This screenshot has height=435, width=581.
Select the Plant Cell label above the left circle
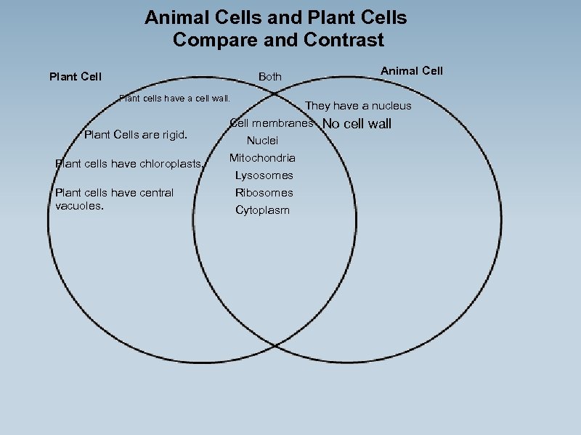coord(76,76)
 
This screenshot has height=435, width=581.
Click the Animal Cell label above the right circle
coord(412,70)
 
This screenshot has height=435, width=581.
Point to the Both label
coord(270,76)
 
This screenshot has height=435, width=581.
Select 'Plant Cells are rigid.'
coord(136,134)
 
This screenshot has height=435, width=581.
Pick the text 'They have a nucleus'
coord(358,106)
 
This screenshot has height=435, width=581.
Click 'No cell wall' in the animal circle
coord(357,123)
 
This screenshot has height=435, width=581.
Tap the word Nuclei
coord(262,141)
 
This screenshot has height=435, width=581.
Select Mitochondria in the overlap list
coord(262,158)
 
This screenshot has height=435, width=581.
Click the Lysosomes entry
coord(264,175)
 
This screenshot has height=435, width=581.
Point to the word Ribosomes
coord(264,193)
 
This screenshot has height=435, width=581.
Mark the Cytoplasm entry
coord(262,210)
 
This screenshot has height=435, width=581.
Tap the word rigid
coord(173,134)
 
